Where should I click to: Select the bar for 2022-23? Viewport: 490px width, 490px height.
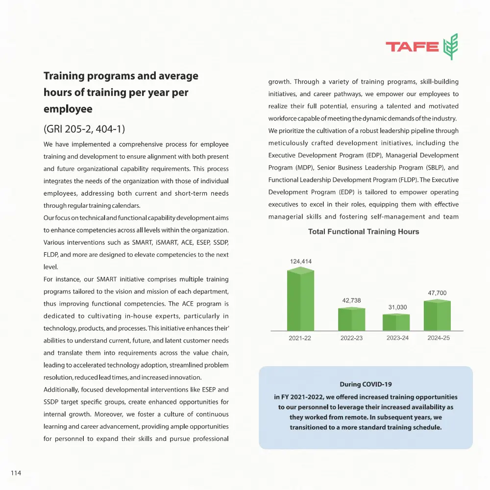coord(351,319)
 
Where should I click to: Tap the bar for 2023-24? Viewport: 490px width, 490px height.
coord(396,322)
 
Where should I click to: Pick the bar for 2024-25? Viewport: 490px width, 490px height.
coord(437,316)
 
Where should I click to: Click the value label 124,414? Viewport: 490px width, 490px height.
coord(300,261)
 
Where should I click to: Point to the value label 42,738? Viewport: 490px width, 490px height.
coord(351,300)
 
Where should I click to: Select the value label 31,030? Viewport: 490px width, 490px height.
coord(396,307)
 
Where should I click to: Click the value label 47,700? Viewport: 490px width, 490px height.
coord(437,293)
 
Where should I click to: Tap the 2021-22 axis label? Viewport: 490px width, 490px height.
coord(300,338)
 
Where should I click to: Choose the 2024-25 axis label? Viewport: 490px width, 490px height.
coord(438,338)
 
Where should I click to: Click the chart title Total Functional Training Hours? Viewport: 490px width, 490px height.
coord(364,232)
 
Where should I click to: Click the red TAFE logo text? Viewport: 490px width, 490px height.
coord(412,47)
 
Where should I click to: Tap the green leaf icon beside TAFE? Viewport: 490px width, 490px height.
coord(450,47)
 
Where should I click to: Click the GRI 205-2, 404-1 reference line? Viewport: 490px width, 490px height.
coord(85,130)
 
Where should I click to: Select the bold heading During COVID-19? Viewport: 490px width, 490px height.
coord(366,384)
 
